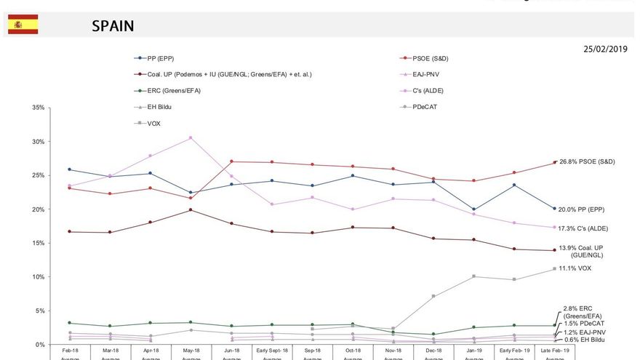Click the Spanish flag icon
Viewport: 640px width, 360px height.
click(23, 25)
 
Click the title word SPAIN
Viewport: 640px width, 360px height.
click(113, 26)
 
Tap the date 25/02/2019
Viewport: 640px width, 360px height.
click(604, 49)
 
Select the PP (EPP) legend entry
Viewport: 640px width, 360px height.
click(160, 57)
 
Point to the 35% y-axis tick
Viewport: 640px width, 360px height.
click(35, 108)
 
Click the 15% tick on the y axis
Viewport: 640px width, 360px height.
click(35, 243)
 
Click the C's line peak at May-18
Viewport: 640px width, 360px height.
click(191, 137)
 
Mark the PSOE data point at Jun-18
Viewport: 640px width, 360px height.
click(231, 161)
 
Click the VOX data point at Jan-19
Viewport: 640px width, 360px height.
click(473, 276)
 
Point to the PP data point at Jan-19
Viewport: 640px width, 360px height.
click(473, 209)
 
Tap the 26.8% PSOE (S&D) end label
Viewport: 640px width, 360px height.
click(587, 161)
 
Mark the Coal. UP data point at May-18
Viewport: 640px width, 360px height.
click(191, 210)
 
